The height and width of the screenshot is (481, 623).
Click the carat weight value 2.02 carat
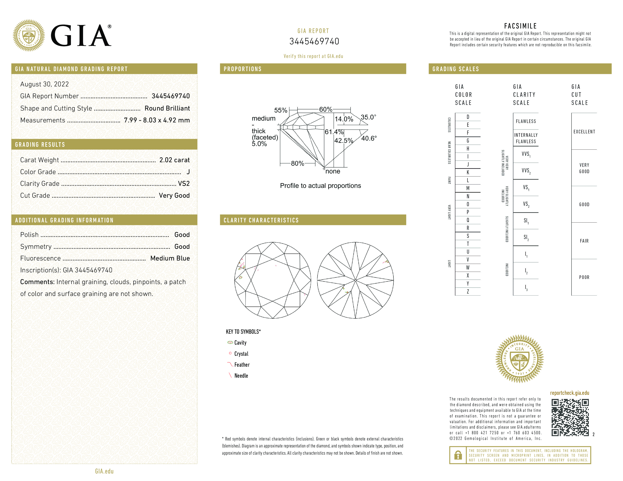point(174,160)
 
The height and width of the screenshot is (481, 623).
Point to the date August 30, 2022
point(45,84)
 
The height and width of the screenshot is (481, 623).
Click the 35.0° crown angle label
point(368,117)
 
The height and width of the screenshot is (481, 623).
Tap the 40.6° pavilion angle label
point(369,138)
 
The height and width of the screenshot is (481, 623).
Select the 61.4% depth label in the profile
point(334,132)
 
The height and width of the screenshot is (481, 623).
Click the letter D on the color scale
point(468,117)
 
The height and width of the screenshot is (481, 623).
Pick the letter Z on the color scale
point(468,291)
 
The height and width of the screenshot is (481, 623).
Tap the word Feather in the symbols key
point(242,365)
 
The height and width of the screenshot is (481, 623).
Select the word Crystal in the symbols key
point(241,354)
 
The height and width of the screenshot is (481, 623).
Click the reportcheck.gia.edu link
point(569,393)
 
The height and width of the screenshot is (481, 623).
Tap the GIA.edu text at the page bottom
point(104,471)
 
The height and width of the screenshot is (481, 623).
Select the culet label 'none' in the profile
point(333,171)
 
